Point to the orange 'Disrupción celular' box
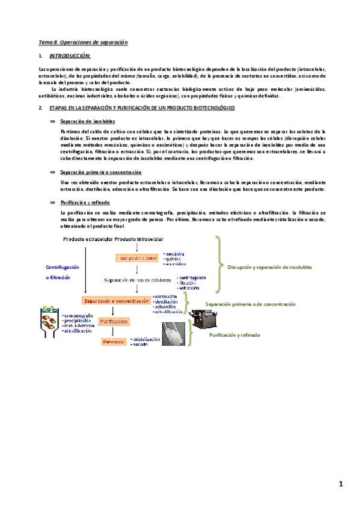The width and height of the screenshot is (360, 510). (137, 258)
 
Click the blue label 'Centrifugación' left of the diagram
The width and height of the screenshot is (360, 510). (62, 267)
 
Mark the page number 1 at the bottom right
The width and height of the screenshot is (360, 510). (340, 484)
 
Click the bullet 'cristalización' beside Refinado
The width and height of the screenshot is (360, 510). (146, 339)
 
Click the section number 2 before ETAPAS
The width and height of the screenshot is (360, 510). (40, 106)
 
